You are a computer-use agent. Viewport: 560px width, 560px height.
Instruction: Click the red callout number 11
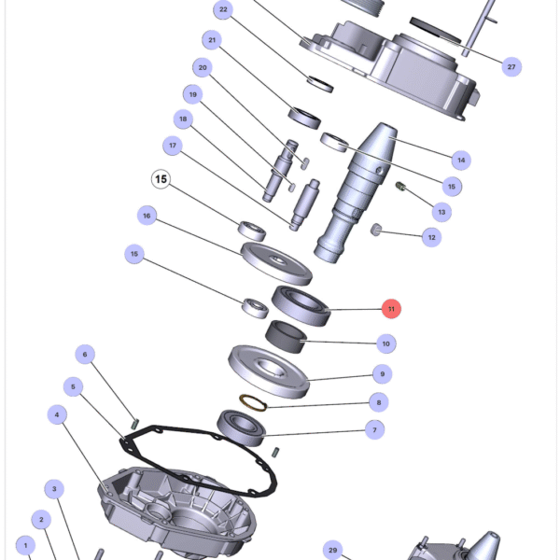392,308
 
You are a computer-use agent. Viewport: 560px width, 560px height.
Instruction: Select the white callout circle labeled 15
161,178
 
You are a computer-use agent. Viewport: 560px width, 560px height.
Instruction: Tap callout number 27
511,66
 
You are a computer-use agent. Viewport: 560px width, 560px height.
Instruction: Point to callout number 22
223,10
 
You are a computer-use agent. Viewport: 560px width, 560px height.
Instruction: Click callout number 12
431,238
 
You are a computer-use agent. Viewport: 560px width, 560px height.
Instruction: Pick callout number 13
442,212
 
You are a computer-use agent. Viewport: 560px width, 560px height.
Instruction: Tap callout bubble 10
385,343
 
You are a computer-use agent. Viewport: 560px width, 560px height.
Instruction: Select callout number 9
382,373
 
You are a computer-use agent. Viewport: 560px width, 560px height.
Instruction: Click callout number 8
377,402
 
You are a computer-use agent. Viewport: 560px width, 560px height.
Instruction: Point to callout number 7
374,430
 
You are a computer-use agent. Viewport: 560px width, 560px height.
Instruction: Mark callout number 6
85,354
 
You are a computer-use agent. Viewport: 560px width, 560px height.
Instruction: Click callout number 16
146,216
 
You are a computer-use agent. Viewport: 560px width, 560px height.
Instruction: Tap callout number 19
193,94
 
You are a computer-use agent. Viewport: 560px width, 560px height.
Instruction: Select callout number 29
332,550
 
